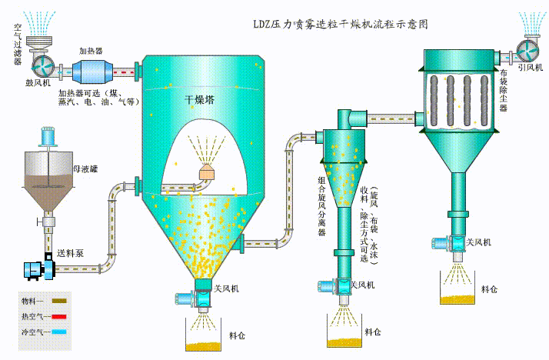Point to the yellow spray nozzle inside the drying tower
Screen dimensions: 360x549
click(207, 173)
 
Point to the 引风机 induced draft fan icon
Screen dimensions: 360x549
click(529, 48)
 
